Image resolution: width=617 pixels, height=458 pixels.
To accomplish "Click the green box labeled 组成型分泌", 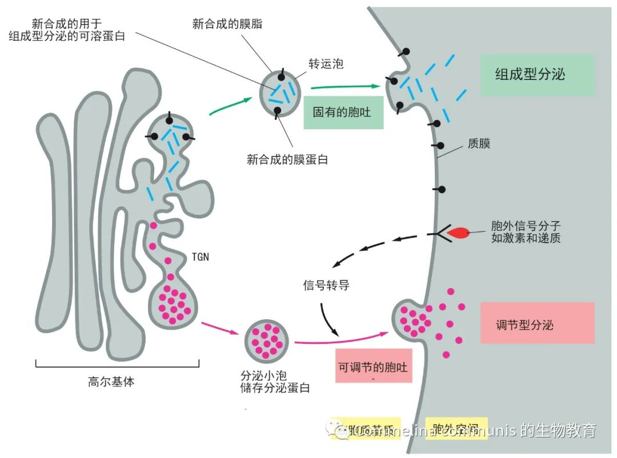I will click(537, 74).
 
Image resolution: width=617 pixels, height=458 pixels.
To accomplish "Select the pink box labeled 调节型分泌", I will click(537, 323).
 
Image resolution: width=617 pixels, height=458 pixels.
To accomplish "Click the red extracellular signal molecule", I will click(459, 232).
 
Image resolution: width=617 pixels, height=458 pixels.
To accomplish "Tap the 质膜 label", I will click(479, 143).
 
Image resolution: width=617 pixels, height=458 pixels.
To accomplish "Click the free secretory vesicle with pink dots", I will click(266, 340).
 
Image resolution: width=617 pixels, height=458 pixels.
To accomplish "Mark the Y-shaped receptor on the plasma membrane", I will click(439, 234).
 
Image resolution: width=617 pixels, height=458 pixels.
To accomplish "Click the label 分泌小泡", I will click(264, 376).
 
